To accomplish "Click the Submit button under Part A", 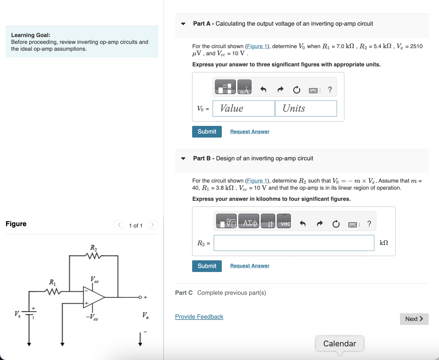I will pos(207,132).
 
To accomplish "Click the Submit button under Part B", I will pos(207,266).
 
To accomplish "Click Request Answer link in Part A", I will pos(249,132).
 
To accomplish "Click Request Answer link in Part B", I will pos(249,266).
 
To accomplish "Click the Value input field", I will pos(243,109).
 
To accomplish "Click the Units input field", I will pos(306,109).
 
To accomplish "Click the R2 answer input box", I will pos(294,243).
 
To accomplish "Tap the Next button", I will pos(414,319).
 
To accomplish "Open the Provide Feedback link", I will pos(199,317).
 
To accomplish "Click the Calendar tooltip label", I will pos(340,343).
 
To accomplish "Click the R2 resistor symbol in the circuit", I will pos(94,256).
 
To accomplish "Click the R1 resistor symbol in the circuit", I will pos(52,291).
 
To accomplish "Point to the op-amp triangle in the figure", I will pos(93,297).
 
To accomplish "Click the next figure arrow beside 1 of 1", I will pos(153,225).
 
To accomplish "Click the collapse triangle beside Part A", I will pos(183,24).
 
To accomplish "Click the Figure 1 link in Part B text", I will pos(257,181).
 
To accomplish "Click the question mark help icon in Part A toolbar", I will pos(330,90).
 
